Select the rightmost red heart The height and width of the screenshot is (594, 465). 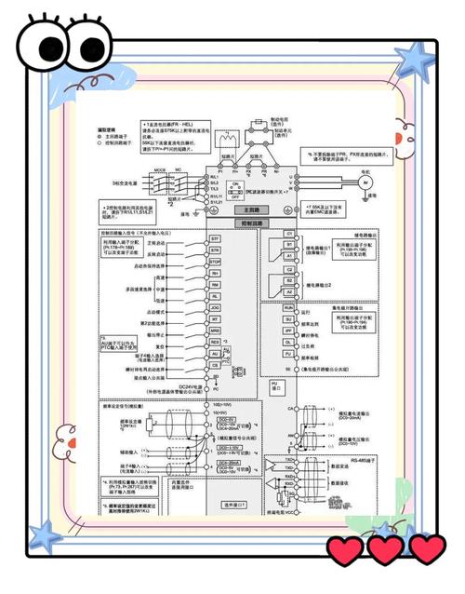pyautogui.click(x=425, y=551)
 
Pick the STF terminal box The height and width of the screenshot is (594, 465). pyautogui.click(x=214, y=239)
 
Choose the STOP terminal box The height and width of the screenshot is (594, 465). pyautogui.click(x=214, y=262)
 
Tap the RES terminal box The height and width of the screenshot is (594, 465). pyautogui.click(x=214, y=342)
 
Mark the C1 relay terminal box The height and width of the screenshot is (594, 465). pyautogui.click(x=288, y=233)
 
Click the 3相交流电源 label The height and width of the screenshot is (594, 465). pyautogui.click(x=123, y=183)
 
